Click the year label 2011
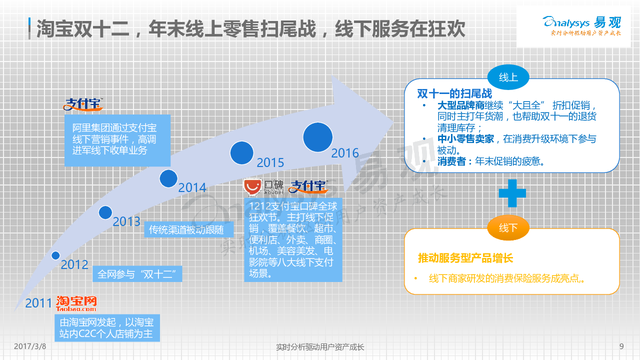click(x=38, y=303)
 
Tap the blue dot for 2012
click(x=55, y=255)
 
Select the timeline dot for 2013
click(x=105, y=212)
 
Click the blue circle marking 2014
click(x=168, y=178)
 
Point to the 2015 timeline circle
click(x=241, y=153)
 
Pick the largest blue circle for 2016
click(x=317, y=137)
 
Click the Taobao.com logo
click(x=76, y=303)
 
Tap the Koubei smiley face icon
click(x=252, y=187)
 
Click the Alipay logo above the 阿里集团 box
click(x=83, y=104)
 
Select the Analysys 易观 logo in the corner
click(x=582, y=25)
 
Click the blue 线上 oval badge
click(x=508, y=77)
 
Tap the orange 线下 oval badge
click(x=508, y=227)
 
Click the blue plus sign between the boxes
click(x=512, y=193)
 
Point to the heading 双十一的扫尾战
click(x=454, y=93)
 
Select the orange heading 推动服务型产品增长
click(x=465, y=258)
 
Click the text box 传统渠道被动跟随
click(x=189, y=229)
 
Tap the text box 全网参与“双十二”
click(x=137, y=274)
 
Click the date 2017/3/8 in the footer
click(x=30, y=346)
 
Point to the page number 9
click(x=621, y=346)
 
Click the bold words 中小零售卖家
click(x=465, y=139)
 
